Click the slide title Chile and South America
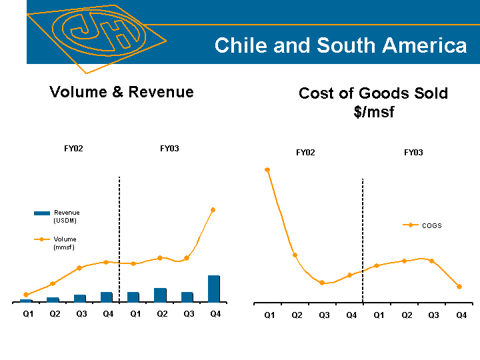340,45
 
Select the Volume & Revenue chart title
121,92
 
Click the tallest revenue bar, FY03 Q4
214,289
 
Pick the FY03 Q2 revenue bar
160,295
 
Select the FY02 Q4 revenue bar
107,297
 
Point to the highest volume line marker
213,209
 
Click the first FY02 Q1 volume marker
25,294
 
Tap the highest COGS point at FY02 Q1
267,169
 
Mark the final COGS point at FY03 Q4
459,287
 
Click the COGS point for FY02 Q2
295,255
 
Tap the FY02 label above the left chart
73,149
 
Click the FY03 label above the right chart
413,153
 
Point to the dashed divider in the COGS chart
363,240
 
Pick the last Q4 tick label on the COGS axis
461,315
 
